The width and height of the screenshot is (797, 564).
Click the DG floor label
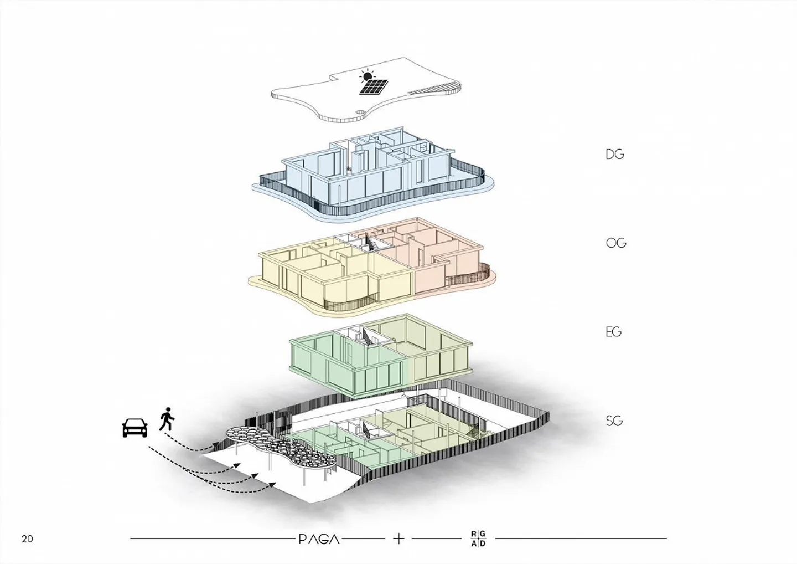point(614,155)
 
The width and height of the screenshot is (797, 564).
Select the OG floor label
point(615,243)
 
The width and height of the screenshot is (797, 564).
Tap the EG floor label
point(613,332)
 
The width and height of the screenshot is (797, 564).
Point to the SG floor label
point(614,421)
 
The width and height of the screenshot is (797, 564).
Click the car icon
point(134,428)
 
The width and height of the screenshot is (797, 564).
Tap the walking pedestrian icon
point(167,419)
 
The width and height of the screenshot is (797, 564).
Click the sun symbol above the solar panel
point(367,75)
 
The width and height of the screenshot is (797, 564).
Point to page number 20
point(27,539)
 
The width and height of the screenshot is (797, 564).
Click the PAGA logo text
point(319,539)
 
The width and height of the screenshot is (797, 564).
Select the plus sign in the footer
point(398,538)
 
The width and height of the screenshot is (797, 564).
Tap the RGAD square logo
point(478,539)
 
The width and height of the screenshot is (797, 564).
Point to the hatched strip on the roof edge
point(434,88)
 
